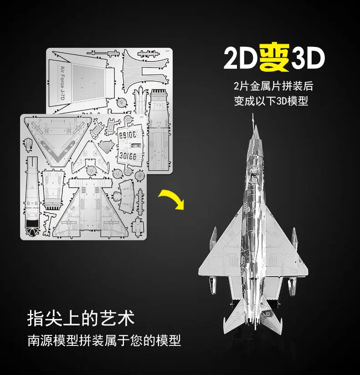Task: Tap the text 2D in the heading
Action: pos(241,58)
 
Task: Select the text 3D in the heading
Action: pos(308,58)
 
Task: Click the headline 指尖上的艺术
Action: pos(81,319)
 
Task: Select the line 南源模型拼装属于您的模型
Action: pos(104,340)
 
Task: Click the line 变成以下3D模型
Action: pos(273,101)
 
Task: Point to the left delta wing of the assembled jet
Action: pos(222,255)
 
